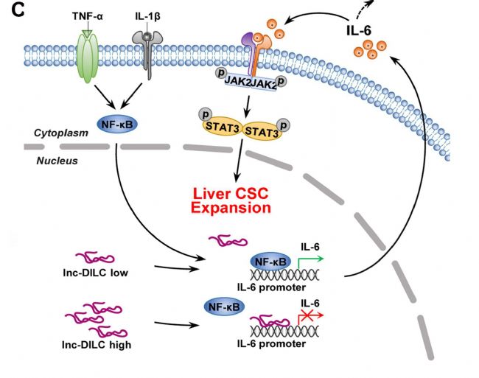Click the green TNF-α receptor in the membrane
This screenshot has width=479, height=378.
88,55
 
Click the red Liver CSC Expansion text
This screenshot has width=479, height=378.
231,201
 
